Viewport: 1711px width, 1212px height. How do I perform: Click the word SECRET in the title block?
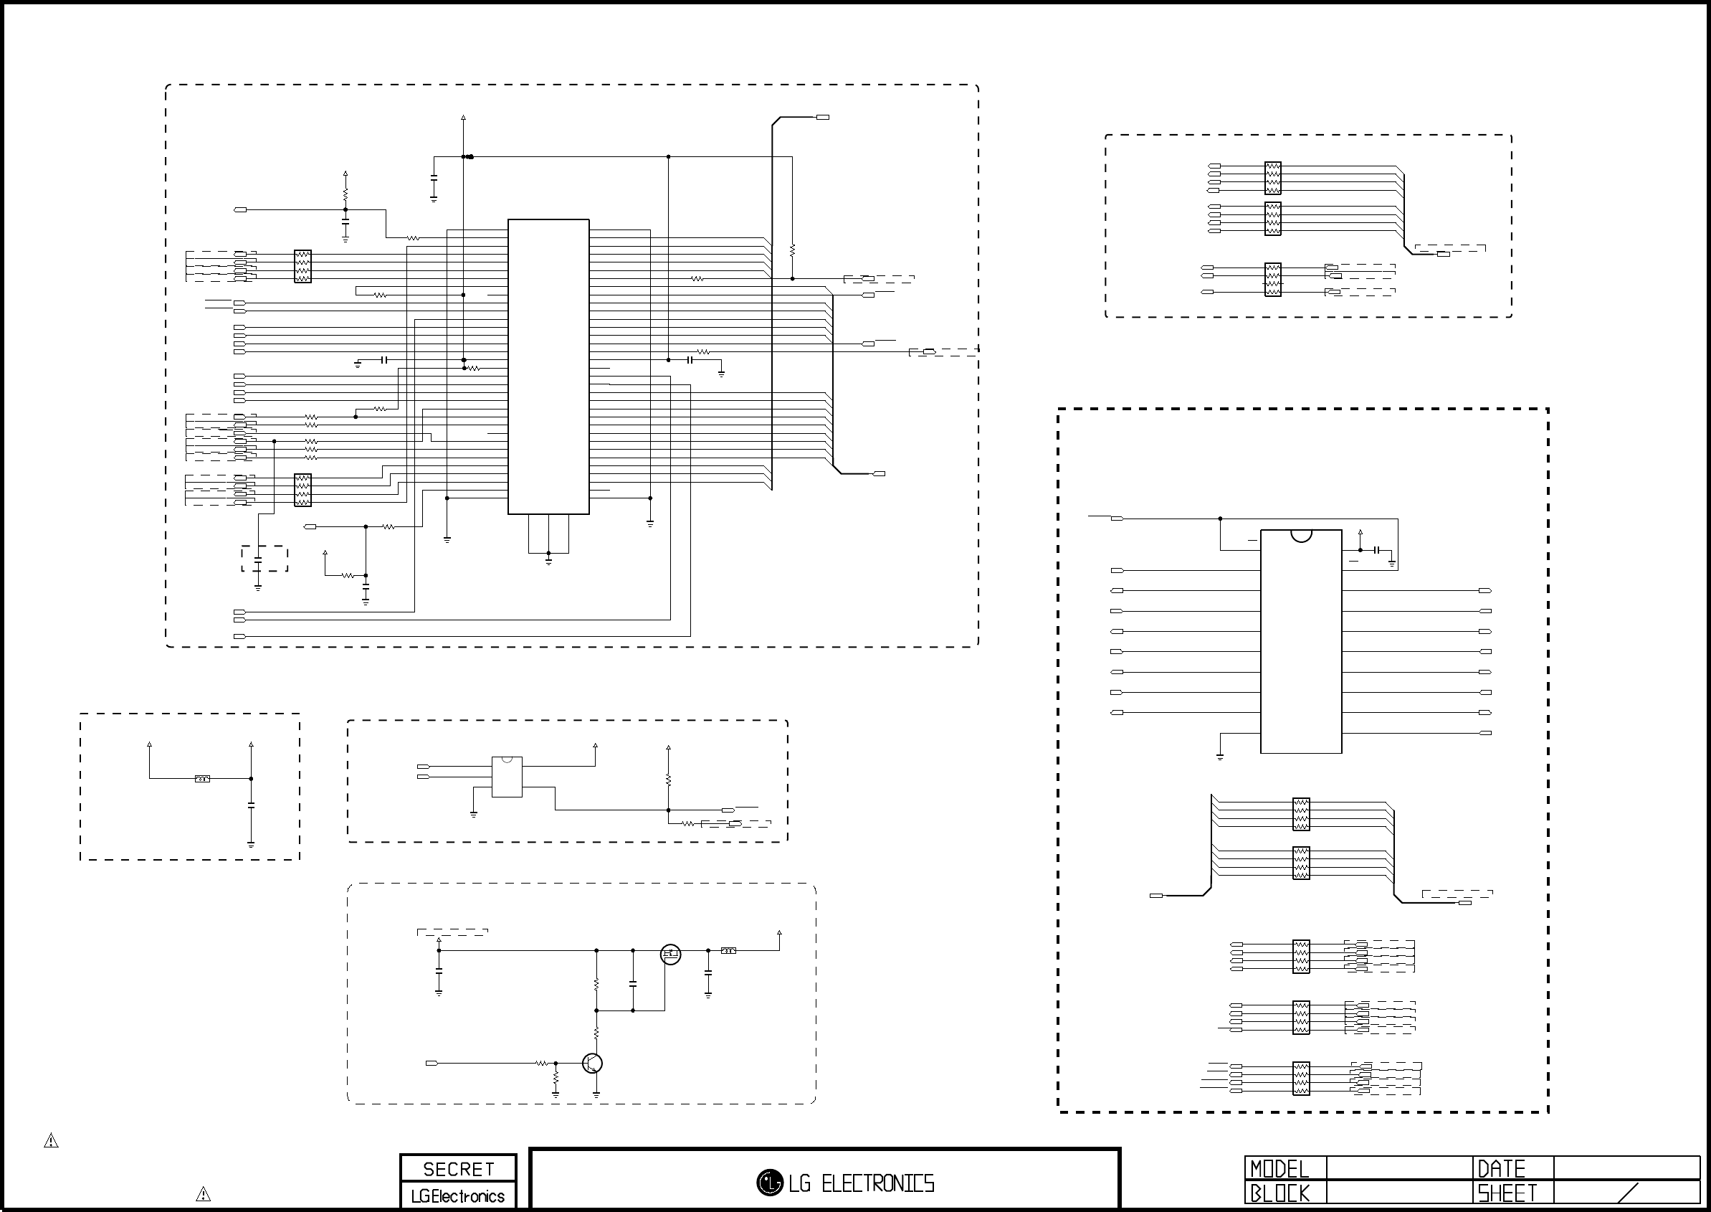[x=458, y=1169]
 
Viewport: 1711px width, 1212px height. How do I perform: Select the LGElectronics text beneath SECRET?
[x=458, y=1196]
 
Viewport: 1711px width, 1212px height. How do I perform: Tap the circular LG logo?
[x=769, y=1182]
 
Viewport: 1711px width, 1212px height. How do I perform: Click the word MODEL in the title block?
[x=1280, y=1169]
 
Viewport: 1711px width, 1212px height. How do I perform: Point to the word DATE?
[x=1502, y=1169]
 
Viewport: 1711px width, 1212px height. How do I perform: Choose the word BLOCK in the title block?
[x=1280, y=1193]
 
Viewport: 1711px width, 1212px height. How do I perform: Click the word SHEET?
[x=1507, y=1193]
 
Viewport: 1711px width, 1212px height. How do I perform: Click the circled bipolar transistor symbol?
[x=592, y=1063]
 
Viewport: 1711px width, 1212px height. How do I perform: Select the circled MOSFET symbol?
[x=670, y=954]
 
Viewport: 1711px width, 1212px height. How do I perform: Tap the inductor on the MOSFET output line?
[x=729, y=951]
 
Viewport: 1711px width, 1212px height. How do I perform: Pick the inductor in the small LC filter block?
[x=202, y=779]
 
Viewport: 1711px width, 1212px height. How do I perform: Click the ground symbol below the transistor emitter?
[x=596, y=1095]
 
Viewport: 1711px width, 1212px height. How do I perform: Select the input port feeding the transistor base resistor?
[x=431, y=1063]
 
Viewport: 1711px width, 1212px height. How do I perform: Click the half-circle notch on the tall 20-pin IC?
[x=1301, y=535]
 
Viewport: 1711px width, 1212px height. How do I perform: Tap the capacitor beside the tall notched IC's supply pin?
[x=1377, y=550]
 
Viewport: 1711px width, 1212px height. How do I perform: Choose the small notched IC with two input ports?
[x=507, y=777]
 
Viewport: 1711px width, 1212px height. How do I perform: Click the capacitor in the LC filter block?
[x=252, y=806]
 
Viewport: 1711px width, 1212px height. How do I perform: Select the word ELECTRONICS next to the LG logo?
[x=878, y=1183]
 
